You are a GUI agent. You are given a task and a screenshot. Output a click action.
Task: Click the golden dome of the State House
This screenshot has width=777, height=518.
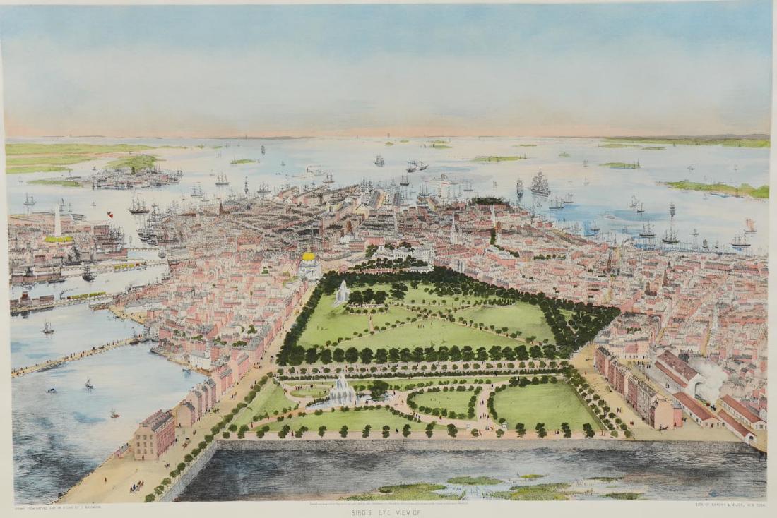(308, 255)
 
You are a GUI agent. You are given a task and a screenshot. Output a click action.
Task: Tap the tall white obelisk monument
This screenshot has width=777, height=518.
(57, 222)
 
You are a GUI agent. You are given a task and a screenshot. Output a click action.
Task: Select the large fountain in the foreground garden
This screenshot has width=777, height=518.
(343, 392)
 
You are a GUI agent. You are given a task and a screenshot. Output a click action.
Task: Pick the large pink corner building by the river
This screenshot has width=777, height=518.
(153, 434)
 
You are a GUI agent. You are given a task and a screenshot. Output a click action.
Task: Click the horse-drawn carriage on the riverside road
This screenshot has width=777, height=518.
(136, 486)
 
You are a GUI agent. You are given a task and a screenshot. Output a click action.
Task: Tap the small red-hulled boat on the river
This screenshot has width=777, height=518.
(114, 414)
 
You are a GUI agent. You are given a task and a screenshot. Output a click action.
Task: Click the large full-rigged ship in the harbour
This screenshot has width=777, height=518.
(540, 184)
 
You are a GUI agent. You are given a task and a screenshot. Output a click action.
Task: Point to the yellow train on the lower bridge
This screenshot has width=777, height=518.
(86, 296)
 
